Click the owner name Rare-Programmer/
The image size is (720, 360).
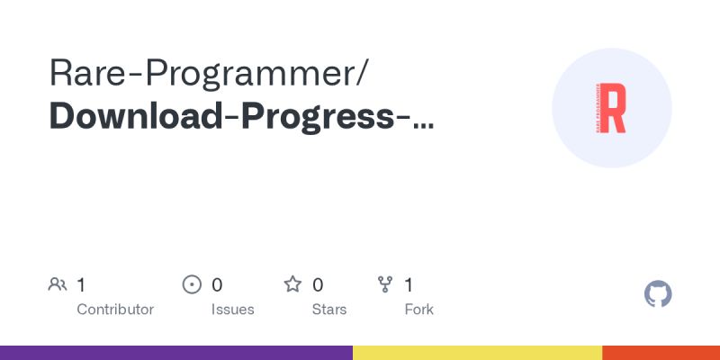coord(207,73)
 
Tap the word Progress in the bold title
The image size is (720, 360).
coord(310,118)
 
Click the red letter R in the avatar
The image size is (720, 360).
coord(613,108)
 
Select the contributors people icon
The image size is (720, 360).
coord(58,285)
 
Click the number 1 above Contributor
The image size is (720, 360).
coord(81,285)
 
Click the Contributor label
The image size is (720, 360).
coord(115,310)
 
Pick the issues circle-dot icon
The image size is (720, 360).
coord(192,285)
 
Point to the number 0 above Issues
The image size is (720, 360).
coord(217,285)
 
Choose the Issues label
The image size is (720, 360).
coord(233,310)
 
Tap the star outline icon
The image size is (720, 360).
coord(292,285)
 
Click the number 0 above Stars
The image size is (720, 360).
coord(318,285)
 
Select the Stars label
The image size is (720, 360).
coord(330,310)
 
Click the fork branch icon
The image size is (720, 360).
coord(385,285)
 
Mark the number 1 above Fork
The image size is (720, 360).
coord(409,285)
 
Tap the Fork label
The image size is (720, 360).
coord(418,310)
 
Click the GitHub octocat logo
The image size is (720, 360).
coord(659,294)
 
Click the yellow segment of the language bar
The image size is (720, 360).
coord(477,353)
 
